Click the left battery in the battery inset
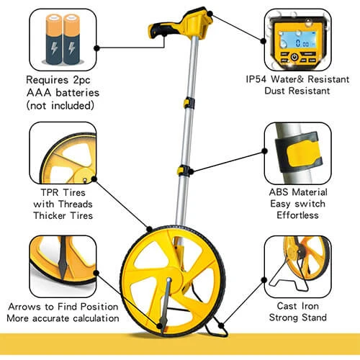point(54,39)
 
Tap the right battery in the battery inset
point(71,39)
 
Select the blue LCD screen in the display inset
point(297,40)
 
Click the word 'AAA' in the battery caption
point(39,93)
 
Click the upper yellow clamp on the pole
point(189,103)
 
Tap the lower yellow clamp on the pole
point(184,171)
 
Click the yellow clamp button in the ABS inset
point(302,154)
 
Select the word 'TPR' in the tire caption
point(50,192)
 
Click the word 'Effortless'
point(297,215)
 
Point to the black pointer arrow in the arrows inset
point(63,258)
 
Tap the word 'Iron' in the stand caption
point(310,306)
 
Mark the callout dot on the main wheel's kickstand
point(221,326)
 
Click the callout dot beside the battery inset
point(96,48)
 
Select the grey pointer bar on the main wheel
point(166,304)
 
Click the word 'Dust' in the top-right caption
point(275,91)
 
